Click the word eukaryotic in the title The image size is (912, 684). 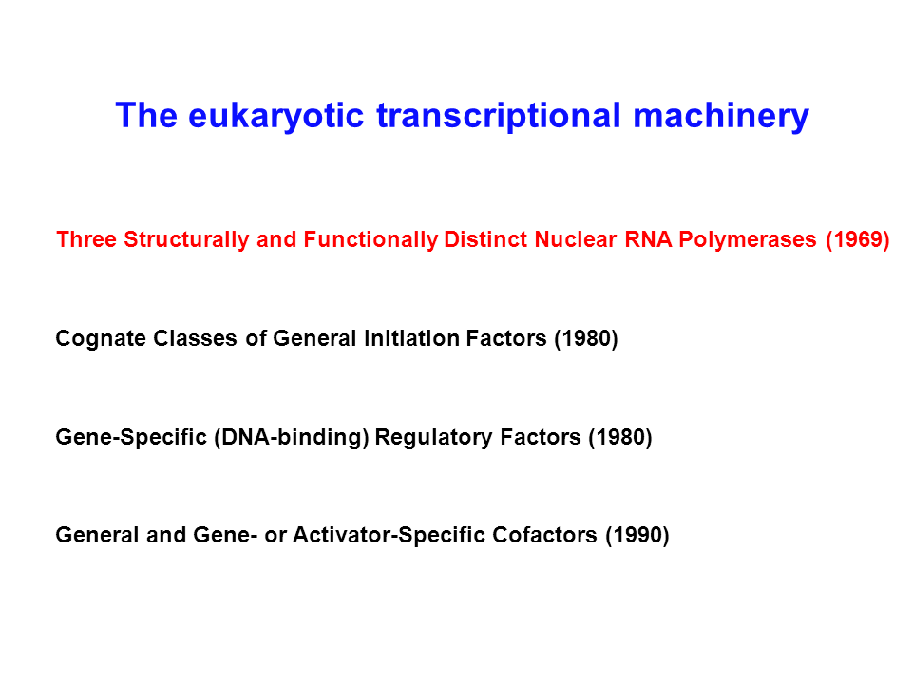click(x=275, y=116)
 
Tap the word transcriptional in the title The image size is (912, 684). click(x=499, y=116)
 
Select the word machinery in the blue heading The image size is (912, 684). click(x=721, y=116)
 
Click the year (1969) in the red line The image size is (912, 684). click(x=858, y=239)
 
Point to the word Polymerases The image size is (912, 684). click(x=748, y=239)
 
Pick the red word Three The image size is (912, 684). click(x=86, y=239)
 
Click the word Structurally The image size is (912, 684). click(x=187, y=239)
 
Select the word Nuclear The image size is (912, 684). click(x=576, y=239)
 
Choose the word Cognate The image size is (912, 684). click(x=101, y=338)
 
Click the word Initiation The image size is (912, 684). click(x=411, y=338)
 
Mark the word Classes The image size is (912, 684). click(x=195, y=338)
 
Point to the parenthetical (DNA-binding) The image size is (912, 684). click(x=292, y=437)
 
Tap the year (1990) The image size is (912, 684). click(x=637, y=535)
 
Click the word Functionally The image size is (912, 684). click(x=370, y=239)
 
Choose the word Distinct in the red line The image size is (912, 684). click(x=485, y=239)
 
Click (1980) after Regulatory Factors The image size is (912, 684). click(x=620, y=437)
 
